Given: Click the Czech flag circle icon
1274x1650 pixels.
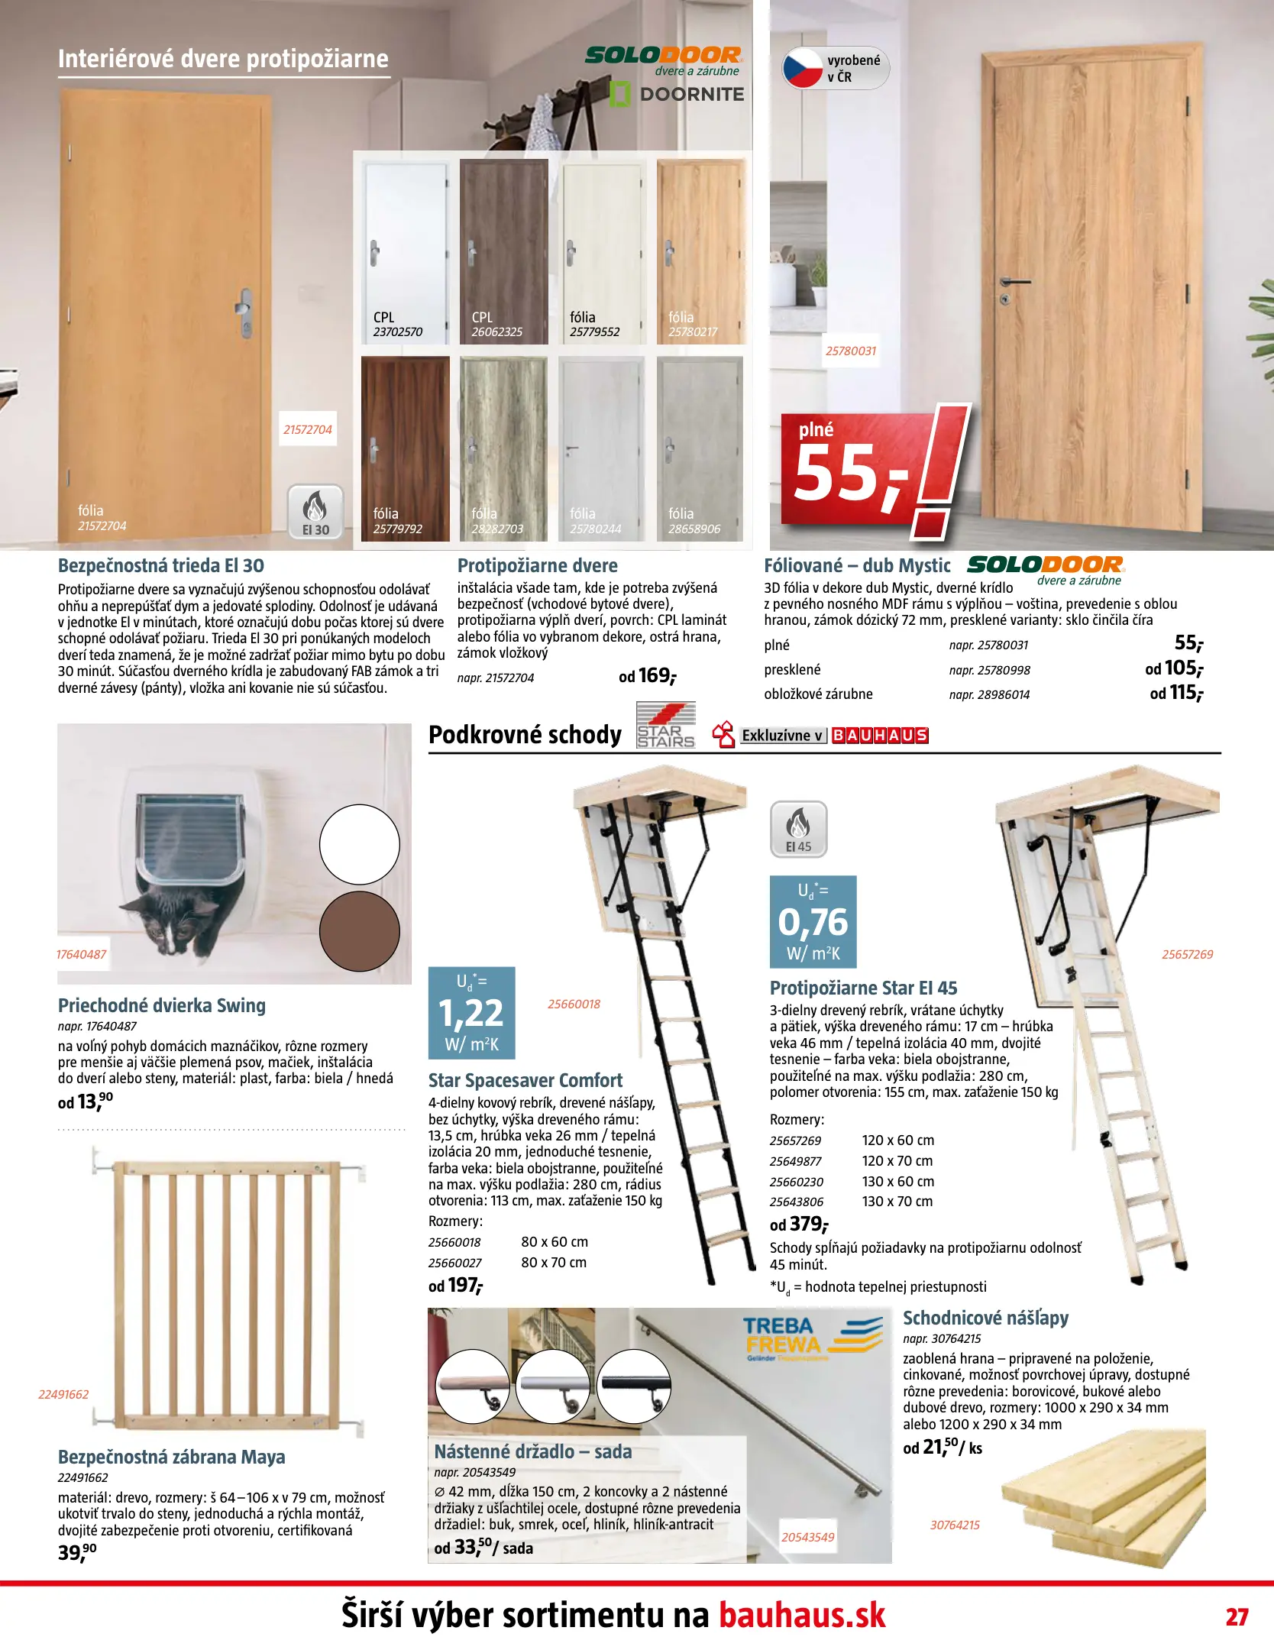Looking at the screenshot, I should click(803, 69).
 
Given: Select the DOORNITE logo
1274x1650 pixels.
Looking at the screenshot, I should click(677, 94).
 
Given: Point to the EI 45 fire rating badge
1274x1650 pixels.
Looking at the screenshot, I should click(798, 829).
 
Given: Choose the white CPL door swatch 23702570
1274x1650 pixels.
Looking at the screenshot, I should click(405, 251).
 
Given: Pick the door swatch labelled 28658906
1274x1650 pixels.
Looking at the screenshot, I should click(700, 448).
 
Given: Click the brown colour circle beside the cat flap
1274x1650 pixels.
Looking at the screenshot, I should click(359, 930).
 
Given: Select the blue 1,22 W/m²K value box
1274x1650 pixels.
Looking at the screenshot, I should click(472, 1012).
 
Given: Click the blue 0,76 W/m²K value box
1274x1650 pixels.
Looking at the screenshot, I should click(813, 921).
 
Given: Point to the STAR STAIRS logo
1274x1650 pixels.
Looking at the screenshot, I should click(666, 726).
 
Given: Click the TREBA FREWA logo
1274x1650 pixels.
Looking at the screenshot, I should click(812, 1336).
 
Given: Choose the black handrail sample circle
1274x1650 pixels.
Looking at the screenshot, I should click(633, 1386).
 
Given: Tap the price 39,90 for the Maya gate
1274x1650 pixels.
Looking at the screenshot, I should click(77, 1551).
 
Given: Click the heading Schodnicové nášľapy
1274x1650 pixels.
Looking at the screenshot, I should click(985, 1318).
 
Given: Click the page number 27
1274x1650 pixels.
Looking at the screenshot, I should click(1237, 1616).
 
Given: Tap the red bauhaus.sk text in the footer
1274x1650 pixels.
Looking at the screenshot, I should click(802, 1616).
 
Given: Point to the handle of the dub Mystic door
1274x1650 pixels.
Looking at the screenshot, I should click(1014, 283).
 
